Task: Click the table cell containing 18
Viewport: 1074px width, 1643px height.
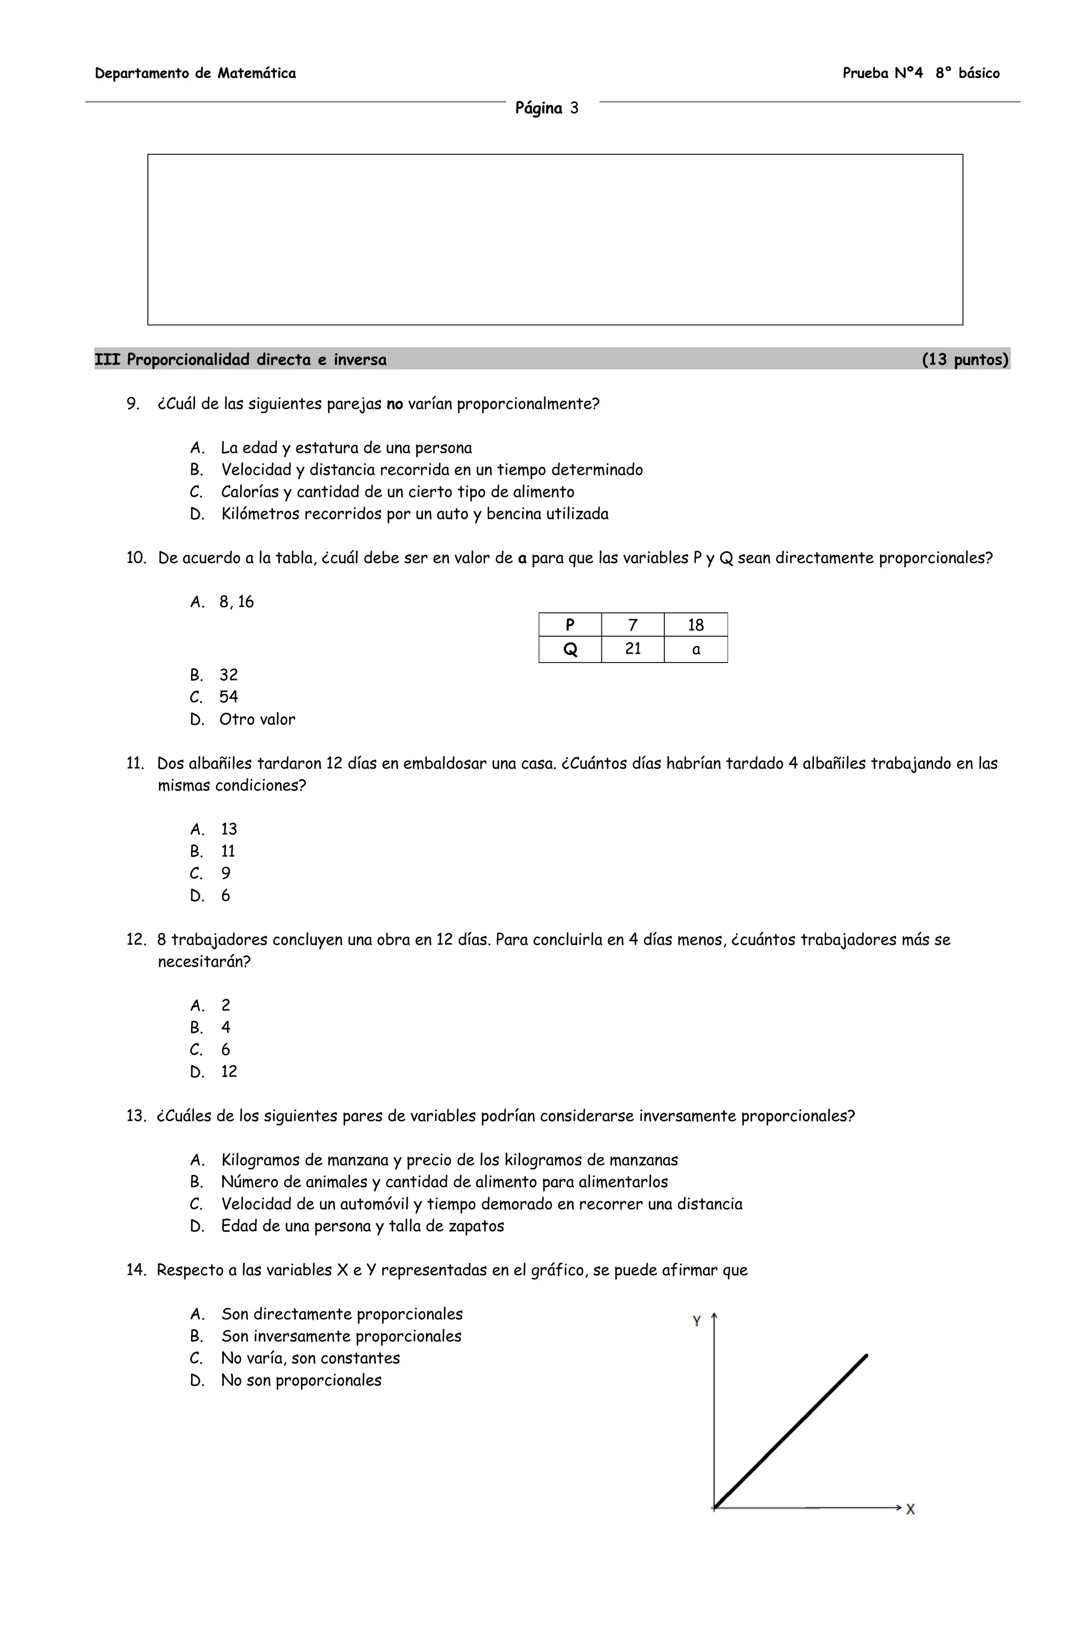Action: (x=695, y=625)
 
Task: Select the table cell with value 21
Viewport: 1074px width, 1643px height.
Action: (x=632, y=649)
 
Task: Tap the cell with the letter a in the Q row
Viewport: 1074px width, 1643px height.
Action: (x=695, y=649)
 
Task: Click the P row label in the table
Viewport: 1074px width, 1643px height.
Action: (x=570, y=625)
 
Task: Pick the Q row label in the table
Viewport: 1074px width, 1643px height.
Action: (x=570, y=649)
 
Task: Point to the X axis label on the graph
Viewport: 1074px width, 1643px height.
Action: (x=910, y=1509)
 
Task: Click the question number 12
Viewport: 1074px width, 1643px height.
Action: (x=135, y=940)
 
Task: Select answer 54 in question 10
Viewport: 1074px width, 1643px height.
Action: (x=229, y=697)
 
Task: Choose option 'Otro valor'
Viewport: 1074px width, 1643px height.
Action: (x=257, y=719)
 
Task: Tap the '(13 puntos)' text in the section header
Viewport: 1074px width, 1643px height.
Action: (x=964, y=360)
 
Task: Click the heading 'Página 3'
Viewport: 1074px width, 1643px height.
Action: (x=546, y=109)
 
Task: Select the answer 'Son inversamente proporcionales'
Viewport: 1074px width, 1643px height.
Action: (x=341, y=1336)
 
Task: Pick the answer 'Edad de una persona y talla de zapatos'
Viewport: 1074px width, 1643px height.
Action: (x=362, y=1226)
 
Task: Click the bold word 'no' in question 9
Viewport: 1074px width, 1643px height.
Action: (x=394, y=404)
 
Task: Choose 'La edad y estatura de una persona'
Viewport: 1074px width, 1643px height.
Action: (x=347, y=448)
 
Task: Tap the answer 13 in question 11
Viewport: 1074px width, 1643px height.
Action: (x=229, y=829)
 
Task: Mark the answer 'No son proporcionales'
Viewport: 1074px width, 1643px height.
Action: (x=301, y=1380)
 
